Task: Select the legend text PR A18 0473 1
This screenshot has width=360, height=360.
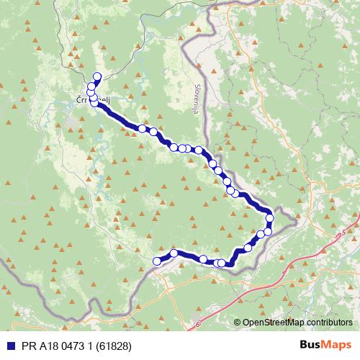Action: coord(54,346)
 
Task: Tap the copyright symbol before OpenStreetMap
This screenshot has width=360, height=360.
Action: coord(238,323)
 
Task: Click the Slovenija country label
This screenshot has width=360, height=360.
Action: coord(198,94)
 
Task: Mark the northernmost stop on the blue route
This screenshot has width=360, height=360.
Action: coord(97,76)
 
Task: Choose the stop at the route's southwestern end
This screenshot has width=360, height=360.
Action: coord(158,261)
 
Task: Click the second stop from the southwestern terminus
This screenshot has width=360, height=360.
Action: coord(174,253)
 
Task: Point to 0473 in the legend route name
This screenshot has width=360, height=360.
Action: coord(69,346)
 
